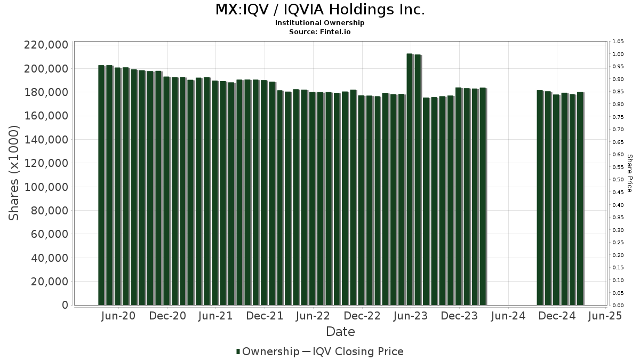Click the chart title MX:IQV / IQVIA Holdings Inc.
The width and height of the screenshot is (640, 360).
click(x=320, y=10)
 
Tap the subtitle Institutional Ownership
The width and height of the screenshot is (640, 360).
click(x=320, y=23)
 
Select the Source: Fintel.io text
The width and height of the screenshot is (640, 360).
click(x=320, y=32)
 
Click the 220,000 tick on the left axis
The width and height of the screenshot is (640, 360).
click(x=46, y=45)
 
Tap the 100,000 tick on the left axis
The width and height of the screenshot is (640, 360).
click(x=46, y=187)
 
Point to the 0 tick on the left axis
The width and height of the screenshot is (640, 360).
click(x=65, y=305)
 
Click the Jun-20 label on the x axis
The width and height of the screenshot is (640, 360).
click(x=118, y=316)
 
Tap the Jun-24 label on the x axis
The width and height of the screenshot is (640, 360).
click(x=508, y=316)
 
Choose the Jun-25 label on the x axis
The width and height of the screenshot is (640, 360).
click(x=605, y=316)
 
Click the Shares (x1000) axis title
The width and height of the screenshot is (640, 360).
click(x=14, y=173)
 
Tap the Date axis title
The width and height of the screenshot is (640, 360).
click(x=340, y=332)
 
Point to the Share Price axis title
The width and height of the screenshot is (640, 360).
click(x=629, y=173)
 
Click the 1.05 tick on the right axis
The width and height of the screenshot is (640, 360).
click(x=618, y=42)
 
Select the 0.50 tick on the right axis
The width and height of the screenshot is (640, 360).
click(x=618, y=180)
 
